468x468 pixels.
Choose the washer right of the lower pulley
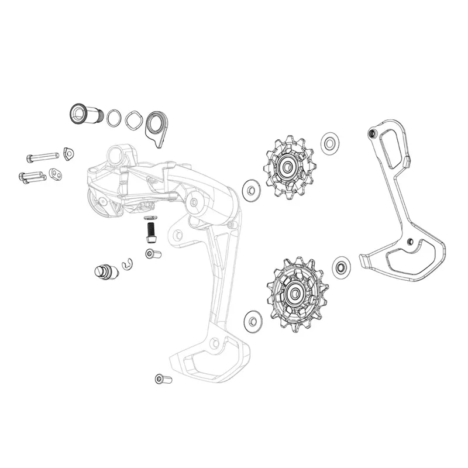click(341, 267)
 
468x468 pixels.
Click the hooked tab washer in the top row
click(156, 126)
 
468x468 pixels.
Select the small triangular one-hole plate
click(70, 153)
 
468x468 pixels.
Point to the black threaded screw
click(152, 230)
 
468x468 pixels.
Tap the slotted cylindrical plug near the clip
click(104, 272)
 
